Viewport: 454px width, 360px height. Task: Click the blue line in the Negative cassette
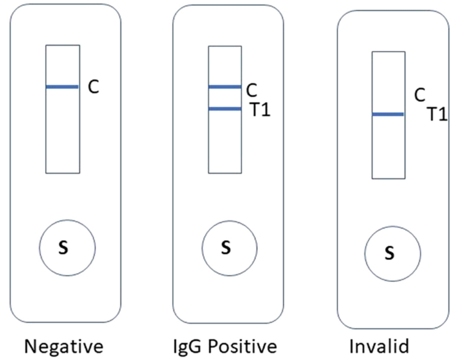pos(63,87)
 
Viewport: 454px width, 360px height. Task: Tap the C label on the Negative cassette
pos(94,88)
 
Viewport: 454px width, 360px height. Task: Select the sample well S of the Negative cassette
pos(64,247)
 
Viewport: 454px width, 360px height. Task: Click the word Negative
pos(64,346)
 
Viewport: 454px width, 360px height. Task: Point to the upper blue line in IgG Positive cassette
pos(225,87)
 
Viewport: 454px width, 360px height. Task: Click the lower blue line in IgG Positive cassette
pos(225,109)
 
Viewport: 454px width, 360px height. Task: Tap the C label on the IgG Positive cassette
pos(251,89)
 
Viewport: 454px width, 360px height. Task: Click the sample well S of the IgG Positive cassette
pos(226,248)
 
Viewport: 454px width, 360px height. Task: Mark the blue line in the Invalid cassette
pos(388,115)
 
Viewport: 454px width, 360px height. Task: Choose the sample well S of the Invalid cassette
pos(390,253)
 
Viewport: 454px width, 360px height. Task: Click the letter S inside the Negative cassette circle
pos(64,247)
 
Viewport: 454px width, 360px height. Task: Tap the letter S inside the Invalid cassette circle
pos(390,253)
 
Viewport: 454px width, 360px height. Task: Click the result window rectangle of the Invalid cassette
pos(388,152)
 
